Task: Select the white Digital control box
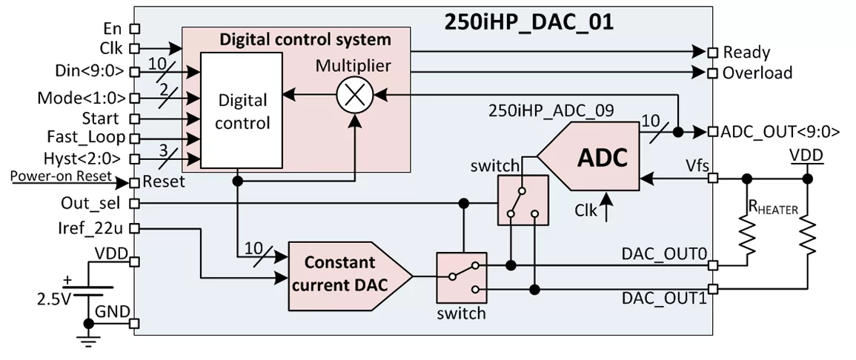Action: [242, 110]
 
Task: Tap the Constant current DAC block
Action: [350, 276]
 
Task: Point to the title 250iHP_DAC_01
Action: [528, 21]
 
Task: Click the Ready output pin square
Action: [712, 53]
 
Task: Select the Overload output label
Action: [757, 73]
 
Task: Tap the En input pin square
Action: [134, 28]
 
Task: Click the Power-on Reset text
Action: [61, 176]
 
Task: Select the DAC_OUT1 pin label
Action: [664, 299]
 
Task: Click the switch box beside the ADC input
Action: [522, 200]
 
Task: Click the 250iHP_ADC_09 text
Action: [552, 110]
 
